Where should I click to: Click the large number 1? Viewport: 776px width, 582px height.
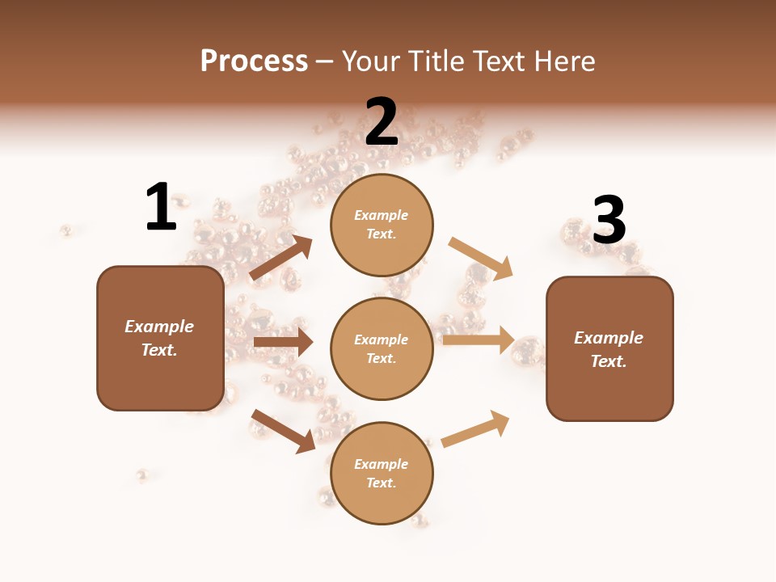[x=161, y=207]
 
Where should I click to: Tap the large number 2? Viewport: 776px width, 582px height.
[x=382, y=122]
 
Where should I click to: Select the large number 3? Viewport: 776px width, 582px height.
[x=609, y=220]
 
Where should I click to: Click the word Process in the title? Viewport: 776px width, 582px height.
[x=254, y=61]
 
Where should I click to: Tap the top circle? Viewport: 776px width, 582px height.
[x=382, y=225]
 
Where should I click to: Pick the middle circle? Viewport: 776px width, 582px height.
[x=382, y=348]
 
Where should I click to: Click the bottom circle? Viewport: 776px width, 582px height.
[x=382, y=473]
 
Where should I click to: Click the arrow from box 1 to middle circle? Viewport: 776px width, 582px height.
[x=283, y=342]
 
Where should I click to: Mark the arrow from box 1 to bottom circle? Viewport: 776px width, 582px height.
[x=283, y=430]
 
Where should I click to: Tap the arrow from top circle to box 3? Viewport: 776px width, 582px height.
[x=481, y=258]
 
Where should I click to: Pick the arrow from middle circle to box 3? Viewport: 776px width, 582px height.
[x=479, y=339]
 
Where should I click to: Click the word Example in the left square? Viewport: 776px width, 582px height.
[x=159, y=327]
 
